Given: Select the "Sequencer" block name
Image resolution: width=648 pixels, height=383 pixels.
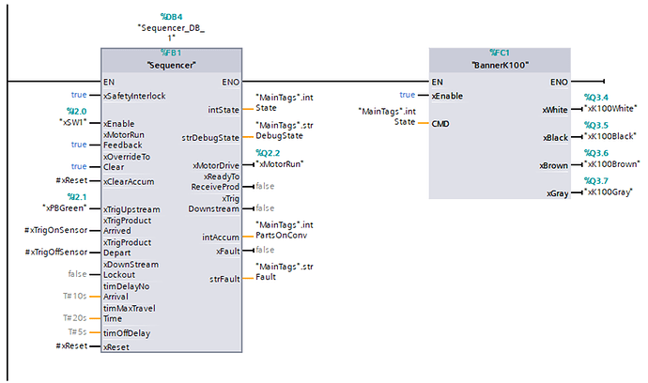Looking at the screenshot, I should [x=171, y=66].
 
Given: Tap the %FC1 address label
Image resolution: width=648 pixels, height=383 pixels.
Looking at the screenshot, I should [x=499, y=53].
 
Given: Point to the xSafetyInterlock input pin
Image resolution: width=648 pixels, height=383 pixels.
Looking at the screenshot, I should [x=134, y=96].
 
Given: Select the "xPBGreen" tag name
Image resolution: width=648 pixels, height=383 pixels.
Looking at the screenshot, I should [x=63, y=207].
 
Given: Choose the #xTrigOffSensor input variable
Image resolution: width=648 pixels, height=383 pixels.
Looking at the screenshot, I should [x=54, y=253].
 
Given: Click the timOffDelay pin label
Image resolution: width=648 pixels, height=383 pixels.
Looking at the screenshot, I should [x=127, y=332].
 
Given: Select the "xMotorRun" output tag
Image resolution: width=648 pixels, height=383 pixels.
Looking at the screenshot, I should [x=286, y=164].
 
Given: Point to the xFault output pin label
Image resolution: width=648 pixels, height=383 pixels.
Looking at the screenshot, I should [x=226, y=250].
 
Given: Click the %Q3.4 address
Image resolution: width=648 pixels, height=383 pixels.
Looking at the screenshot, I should [x=595, y=97].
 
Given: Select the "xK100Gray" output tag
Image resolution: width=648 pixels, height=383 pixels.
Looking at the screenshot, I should [x=609, y=192].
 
